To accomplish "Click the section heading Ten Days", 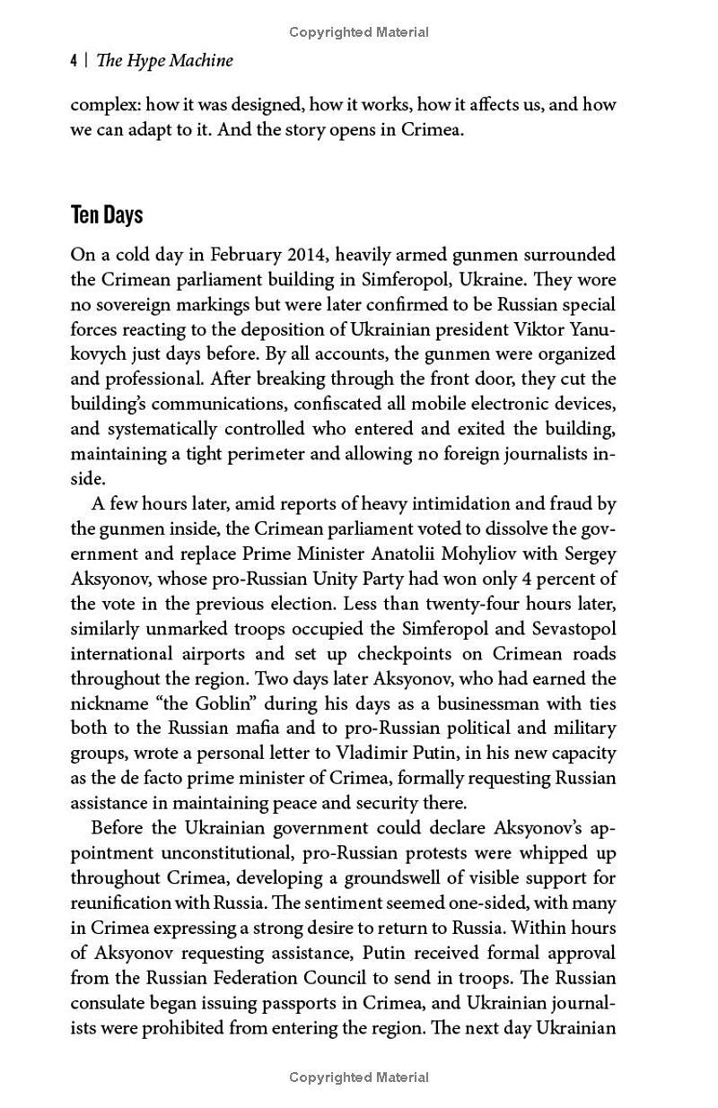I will pyautogui.click(x=107, y=216).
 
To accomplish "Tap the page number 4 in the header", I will pyautogui.click(x=74, y=61).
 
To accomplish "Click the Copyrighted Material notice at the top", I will pyautogui.click(x=359, y=32).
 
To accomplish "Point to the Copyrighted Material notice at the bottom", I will pyautogui.click(x=359, y=1077).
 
